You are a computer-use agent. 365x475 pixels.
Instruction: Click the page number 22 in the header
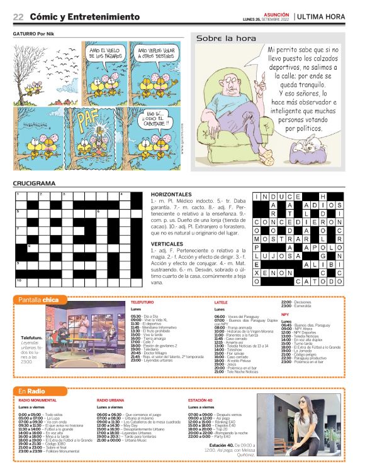pyautogui.click(x=18, y=16)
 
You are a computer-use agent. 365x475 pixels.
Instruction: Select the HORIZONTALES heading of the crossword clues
pyautogui.click(x=171, y=194)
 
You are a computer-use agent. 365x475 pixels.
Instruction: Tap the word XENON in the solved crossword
pyautogui.click(x=273, y=273)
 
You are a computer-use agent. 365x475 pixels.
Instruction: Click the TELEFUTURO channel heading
pyautogui.click(x=142, y=302)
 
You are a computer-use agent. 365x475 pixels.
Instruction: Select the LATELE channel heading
pyautogui.click(x=221, y=302)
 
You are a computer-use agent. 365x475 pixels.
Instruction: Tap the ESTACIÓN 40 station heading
pyautogui.click(x=203, y=400)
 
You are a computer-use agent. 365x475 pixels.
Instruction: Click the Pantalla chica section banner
pyautogui.click(x=38, y=300)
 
